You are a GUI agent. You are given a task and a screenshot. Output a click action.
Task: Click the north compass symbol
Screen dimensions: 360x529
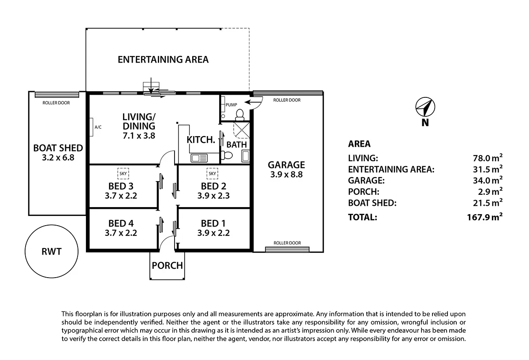coord(425,107)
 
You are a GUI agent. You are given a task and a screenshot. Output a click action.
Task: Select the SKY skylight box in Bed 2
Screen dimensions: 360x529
coord(212,174)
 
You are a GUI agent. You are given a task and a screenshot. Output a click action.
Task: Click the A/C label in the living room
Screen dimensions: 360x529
coord(98,127)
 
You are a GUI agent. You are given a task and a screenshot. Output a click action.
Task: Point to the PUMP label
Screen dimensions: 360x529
coord(231,105)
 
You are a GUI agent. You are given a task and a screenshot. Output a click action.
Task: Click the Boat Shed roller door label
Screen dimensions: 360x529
coord(56,103)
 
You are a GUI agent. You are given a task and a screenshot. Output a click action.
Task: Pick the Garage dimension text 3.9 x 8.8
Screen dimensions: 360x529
coord(287,175)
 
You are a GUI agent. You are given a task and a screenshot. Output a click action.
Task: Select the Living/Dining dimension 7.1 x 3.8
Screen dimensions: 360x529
coord(139,136)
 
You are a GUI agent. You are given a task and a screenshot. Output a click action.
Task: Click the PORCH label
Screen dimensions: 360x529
coord(167,266)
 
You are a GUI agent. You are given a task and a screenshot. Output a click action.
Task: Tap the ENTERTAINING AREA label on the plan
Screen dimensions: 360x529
coord(163,59)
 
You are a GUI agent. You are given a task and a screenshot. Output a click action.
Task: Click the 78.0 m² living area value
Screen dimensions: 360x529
coord(488,158)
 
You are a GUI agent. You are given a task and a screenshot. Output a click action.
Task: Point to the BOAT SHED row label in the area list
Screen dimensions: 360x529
coord(372,203)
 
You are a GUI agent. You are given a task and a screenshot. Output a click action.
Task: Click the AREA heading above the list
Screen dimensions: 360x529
coord(359,144)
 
